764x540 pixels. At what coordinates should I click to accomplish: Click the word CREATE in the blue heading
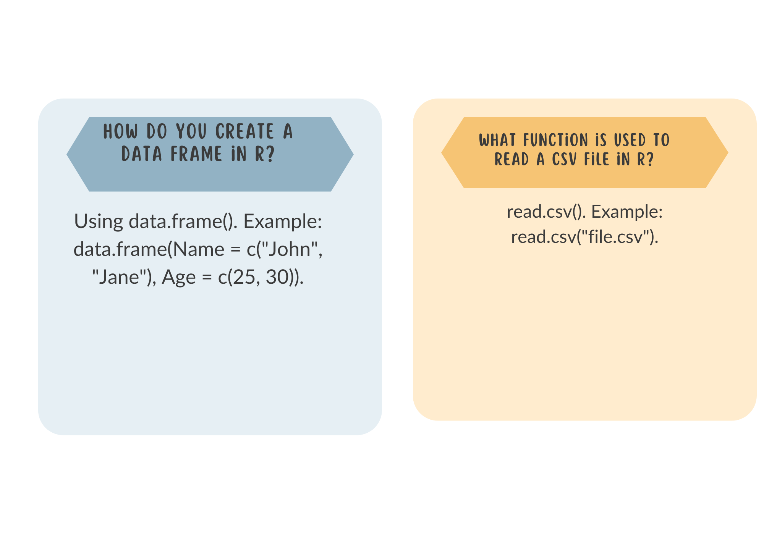(x=244, y=131)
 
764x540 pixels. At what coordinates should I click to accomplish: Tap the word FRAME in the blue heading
(x=196, y=154)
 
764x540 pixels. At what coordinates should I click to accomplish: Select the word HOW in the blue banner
(x=120, y=131)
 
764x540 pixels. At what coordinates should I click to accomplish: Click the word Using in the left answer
(x=99, y=221)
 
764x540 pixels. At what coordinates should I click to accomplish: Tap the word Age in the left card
(x=179, y=278)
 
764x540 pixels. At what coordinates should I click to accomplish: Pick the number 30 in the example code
(x=277, y=277)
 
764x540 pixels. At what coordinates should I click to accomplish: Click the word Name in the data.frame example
(x=199, y=249)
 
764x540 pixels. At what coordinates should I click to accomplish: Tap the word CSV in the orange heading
(x=564, y=159)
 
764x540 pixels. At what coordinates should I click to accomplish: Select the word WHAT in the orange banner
(x=498, y=140)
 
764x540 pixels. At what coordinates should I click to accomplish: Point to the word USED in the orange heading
(x=630, y=140)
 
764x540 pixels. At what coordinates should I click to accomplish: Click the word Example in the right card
(x=627, y=212)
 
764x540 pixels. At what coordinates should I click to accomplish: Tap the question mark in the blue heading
(x=270, y=154)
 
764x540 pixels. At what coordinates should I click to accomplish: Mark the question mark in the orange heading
(x=650, y=159)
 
